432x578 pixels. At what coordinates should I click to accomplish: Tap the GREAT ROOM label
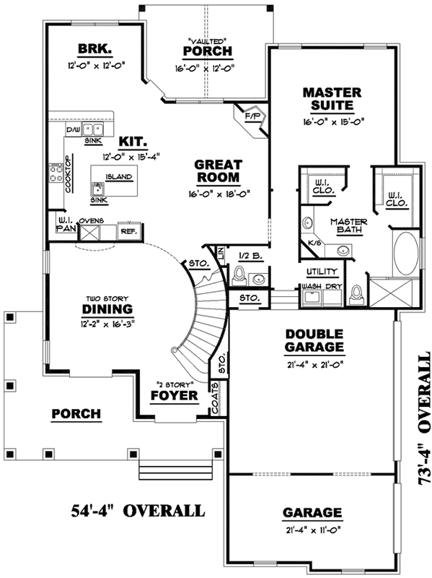[x=219, y=171]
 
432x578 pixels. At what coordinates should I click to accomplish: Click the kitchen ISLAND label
[x=116, y=176]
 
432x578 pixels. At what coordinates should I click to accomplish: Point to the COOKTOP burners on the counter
[x=55, y=174]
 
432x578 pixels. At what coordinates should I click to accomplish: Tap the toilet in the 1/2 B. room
[x=239, y=276]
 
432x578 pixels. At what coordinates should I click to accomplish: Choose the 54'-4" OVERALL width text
[x=137, y=511]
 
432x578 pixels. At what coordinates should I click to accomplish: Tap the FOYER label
[x=174, y=396]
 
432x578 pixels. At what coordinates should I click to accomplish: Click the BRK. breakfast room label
[x=94, y=50]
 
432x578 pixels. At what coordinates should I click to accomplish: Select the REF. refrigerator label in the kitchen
[x=128, y=231]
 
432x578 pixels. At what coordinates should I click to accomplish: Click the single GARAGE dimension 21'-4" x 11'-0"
[x=312, y=530]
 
